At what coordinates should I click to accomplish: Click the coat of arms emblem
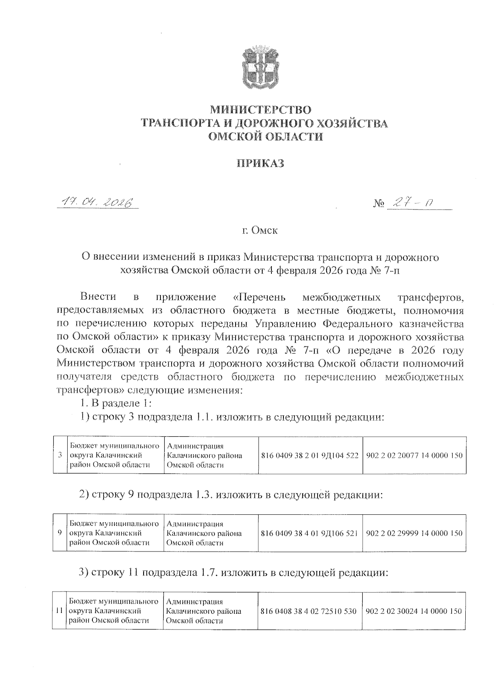tap(260, 68)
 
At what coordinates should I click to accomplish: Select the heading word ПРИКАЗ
tap(260, 163)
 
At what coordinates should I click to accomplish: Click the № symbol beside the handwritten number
tap(378, 203)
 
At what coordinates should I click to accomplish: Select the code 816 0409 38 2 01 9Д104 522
tap(310, 456)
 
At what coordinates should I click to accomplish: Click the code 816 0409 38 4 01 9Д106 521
tap(310, 533)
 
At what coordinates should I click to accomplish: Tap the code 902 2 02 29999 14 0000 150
tap(414, 533)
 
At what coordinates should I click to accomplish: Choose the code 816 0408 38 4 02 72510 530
tap(309, 611)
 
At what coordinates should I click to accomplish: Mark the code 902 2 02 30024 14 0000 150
tap(414, 611)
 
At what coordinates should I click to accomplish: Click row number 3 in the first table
tap(60, 456)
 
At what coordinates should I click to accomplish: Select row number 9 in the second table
tap(60, 533)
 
